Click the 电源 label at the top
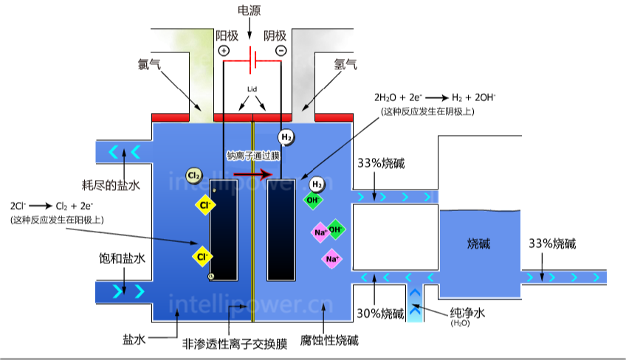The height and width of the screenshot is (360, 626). pyautogui.click(x=249, y=10)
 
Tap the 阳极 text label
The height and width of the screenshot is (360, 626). pyautogui.click(x=226, y=35)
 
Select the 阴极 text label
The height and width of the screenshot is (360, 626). pyautogui.click(x=275, y=35)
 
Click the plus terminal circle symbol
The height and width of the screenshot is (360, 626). pyautogui.click(x=224, y=50)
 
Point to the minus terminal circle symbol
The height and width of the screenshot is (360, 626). pyautogui.click(x=281, y=50)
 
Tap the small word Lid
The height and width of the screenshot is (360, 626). pyautogui.click(x=252, y=89)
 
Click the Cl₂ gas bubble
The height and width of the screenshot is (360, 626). pyautogui.click(x=194, y=176)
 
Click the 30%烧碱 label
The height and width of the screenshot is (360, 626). pyautogui.click(x=381, y=313)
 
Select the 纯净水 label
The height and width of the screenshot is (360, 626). pyautogui.click(x=467, y=313)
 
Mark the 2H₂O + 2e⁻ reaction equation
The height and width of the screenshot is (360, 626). pyautogui.click(x=435, y=97)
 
